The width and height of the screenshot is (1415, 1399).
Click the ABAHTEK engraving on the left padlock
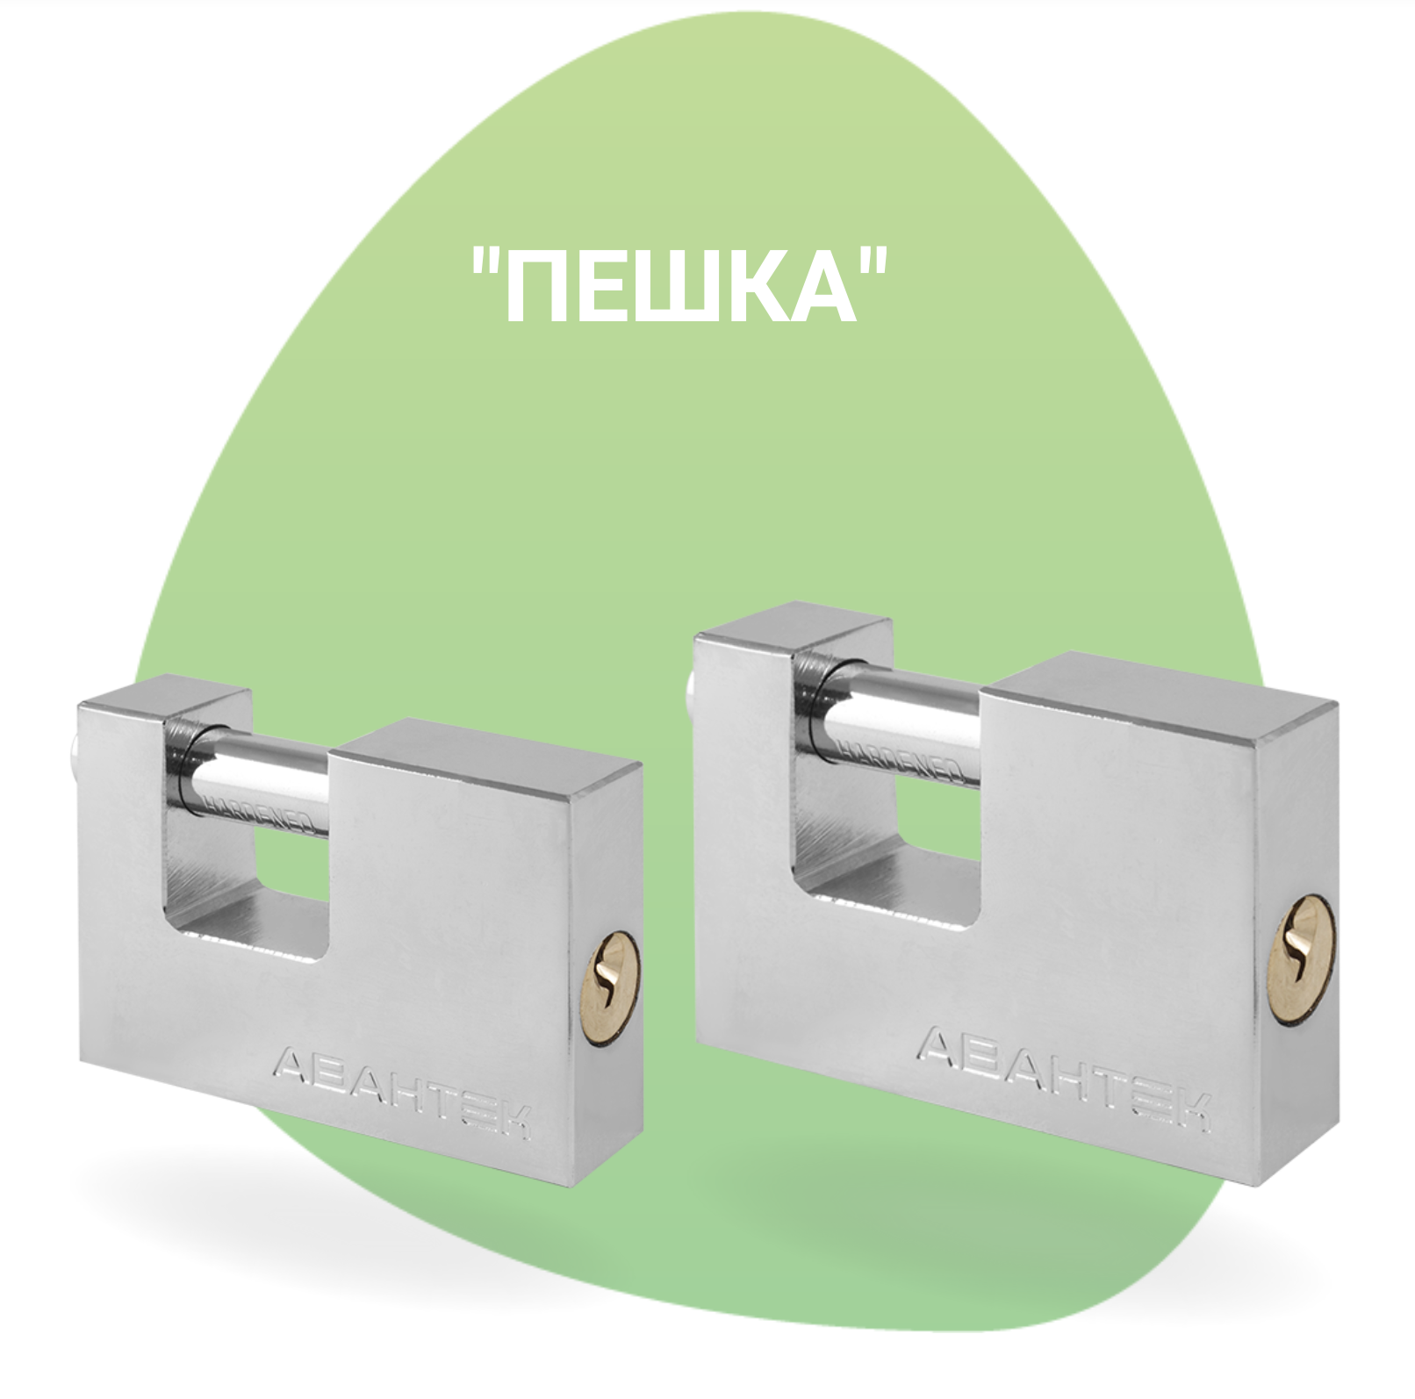(x=404, y=1092)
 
